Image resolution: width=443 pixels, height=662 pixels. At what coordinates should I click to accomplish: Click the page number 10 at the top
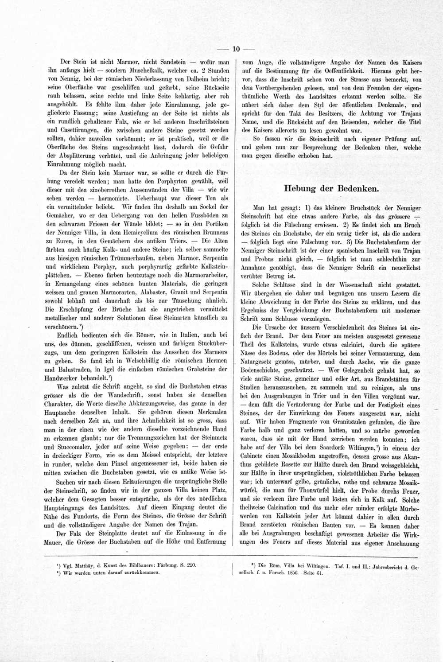click(x=236, y=49)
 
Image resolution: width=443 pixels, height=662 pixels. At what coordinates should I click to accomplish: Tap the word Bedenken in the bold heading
click(x=358, y=188)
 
